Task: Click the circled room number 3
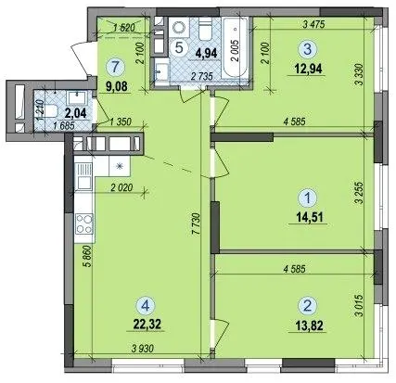pyautogui.click(x=307, y=50)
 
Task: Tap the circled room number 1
pyautogui.click(x=308, y=197)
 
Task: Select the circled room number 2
pyautogui.click(x=307, y=306)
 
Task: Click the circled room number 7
pyautogui.click(x=115, y=67)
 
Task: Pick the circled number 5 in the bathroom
pyautogui.click(x=180, y=47)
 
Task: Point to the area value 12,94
pyautogui.click(x=308, y=69)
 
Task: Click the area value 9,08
pyautogui.click(x=116, y=86)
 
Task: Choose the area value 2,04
pyautogui.click(x=75, y=113)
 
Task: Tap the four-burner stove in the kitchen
pyautogui.click(x=84, y=223)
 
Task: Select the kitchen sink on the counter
pyautogui.click(x=82, y=176)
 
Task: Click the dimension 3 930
pyautogui.click(x=142, y=349)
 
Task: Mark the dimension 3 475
pyautogui.click(x=314, y=25)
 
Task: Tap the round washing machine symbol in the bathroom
pyautogui.click(x=178, y=27)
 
